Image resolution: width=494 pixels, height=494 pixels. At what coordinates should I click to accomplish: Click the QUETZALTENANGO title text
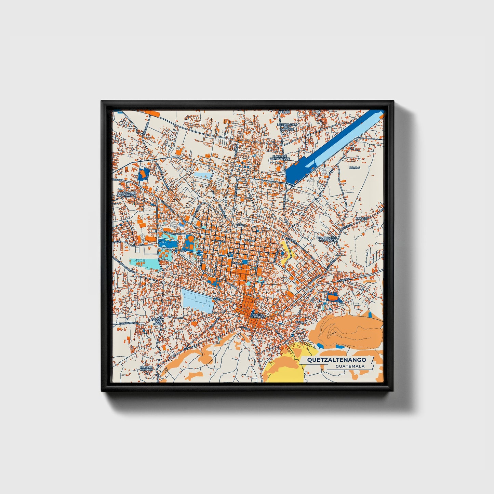(x=336, y=360)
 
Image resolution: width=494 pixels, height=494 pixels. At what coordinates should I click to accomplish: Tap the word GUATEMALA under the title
(x=350, y=366)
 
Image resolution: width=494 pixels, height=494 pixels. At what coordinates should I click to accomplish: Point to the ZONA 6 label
(x=355, y=168)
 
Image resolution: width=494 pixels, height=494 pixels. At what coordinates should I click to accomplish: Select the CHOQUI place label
(x=361, y=218)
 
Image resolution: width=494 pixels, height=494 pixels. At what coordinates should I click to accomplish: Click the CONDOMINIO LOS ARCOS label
(x=327, y=239)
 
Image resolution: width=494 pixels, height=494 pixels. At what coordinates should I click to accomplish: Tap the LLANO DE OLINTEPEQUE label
(x=280, y=157)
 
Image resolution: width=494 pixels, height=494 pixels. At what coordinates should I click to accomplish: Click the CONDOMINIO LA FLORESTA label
(x=126, y=194)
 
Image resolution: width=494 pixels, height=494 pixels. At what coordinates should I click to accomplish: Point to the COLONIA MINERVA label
(x=146, y=368)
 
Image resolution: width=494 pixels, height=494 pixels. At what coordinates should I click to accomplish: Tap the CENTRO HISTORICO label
(x=258, y=316)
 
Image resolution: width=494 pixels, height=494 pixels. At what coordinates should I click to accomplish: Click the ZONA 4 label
(x=300, y=322)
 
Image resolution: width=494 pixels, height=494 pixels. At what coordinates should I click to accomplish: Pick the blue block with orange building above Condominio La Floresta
(x=144, y=174)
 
